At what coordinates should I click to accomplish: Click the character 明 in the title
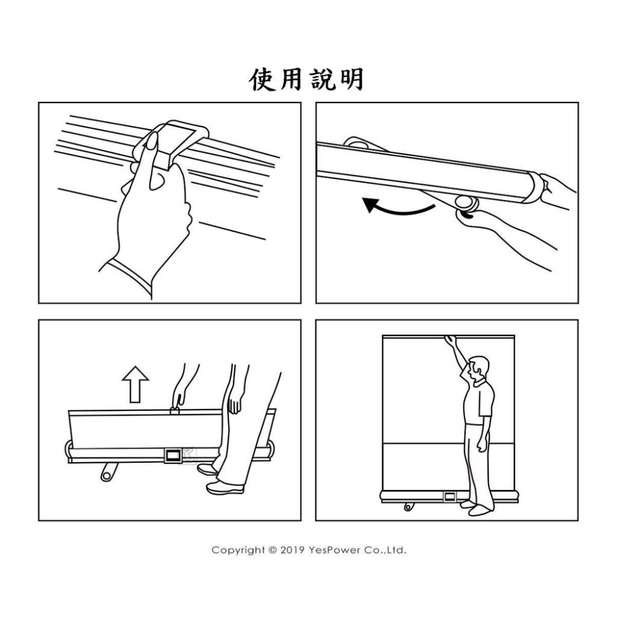coord(352,80)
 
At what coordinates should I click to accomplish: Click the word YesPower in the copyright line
coord(334,550)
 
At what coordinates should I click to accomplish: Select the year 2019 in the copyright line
coord(292,550)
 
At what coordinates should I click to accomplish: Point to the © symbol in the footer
coord(273,550)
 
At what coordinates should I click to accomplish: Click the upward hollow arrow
coord(135,384)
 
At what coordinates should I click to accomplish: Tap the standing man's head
coord(479,368)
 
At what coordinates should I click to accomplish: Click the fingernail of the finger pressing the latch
coord(152,141)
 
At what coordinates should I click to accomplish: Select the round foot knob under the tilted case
coord(466,203)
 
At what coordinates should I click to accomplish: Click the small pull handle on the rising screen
coord(175,410)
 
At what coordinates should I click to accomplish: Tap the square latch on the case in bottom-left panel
coord(173,456)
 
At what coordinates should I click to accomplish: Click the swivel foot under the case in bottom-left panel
coord(109,472)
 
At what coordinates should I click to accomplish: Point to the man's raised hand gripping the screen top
coord(450,341)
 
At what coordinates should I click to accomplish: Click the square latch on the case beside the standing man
coord(450,497)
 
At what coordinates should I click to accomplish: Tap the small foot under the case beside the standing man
coord(409,506)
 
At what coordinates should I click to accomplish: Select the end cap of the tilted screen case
coord(535,188)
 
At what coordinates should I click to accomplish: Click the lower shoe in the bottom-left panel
coord(225,488)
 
